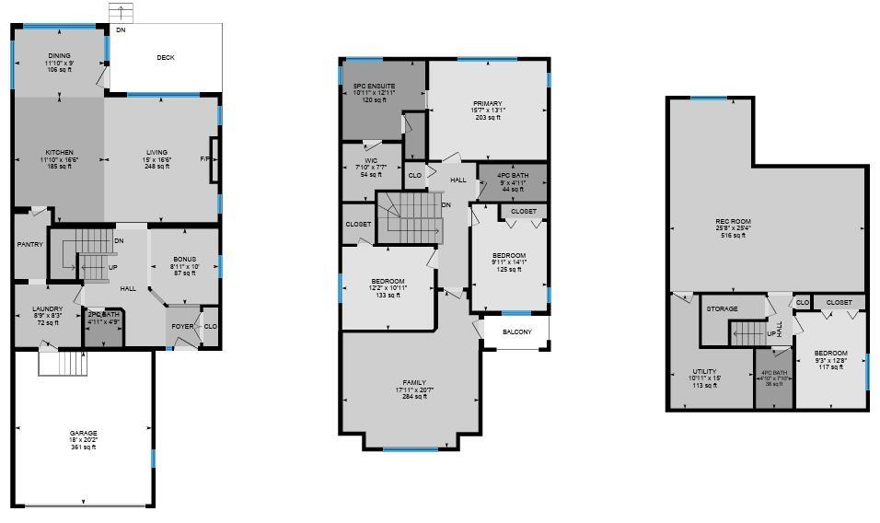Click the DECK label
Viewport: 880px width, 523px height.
166,58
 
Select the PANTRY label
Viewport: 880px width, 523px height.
30,245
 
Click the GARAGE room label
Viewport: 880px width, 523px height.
84,433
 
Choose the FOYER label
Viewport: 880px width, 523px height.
182,326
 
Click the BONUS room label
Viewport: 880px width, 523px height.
184,261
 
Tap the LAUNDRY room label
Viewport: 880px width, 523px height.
47,309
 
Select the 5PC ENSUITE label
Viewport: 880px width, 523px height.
374,87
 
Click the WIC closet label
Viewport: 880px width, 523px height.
371,161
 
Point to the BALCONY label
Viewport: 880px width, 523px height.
516,332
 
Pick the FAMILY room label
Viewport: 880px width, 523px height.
414,383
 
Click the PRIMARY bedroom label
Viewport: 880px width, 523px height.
488,104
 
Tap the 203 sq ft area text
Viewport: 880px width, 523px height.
488,118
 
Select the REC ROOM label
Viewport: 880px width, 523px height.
734,221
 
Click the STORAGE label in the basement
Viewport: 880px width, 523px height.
723,309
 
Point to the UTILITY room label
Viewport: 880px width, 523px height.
704,372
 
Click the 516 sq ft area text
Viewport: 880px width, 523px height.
734,236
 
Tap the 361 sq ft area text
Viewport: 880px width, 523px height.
84,447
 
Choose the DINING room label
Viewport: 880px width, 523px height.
60,56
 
